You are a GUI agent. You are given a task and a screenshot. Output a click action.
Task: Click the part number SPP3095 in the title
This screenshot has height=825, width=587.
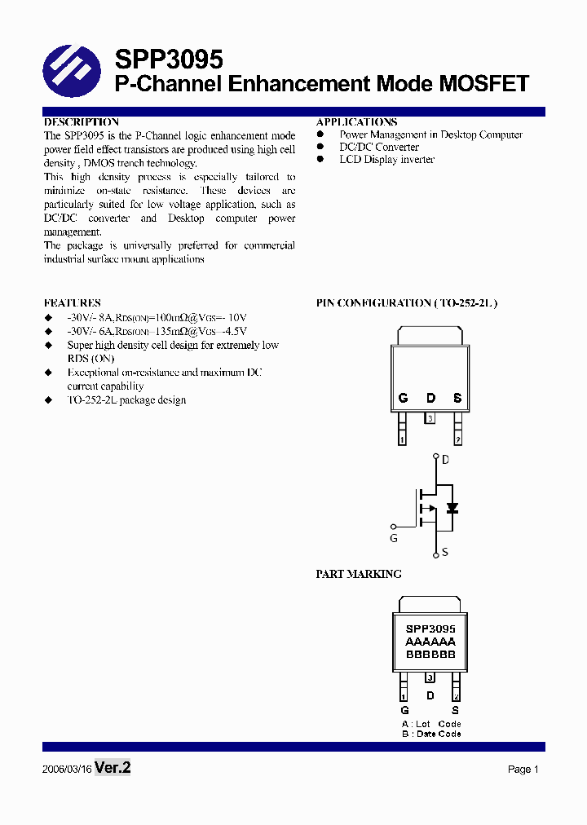(x=168, y=60)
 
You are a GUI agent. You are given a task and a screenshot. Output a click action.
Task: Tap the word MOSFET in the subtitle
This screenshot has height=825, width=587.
(x=484, y=84)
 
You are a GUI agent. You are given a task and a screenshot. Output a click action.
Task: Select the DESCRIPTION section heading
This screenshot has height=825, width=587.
(x=82, y=121)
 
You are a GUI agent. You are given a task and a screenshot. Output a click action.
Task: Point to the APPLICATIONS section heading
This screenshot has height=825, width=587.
(x=356, y=121)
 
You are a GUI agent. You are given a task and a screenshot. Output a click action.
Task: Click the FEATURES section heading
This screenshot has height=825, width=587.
(x=73, y=302)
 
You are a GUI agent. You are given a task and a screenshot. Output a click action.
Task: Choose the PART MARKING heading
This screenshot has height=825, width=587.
(x=359, y=574)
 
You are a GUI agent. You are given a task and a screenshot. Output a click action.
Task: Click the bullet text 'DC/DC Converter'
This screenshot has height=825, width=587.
(x=379, y=147)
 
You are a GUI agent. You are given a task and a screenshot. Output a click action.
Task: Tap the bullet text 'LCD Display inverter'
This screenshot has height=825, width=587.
(x=386, y=159)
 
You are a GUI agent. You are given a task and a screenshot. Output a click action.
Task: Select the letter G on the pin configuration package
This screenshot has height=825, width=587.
(x=403, y=398)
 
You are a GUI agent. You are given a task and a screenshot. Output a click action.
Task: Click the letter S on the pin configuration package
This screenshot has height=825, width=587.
(x=457, y=398)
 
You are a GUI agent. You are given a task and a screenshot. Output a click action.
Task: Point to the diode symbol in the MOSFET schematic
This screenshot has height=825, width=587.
(x=452, y=508)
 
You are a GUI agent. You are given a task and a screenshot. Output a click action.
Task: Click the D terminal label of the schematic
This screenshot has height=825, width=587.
(x=445, y=460)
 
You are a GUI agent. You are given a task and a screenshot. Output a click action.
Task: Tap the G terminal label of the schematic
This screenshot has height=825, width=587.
(x=393, y=538)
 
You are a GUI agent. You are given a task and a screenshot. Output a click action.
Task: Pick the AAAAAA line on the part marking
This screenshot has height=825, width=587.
(x=430, y=642)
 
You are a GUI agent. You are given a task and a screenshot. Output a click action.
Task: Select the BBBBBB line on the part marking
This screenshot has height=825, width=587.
(x=430, y=655)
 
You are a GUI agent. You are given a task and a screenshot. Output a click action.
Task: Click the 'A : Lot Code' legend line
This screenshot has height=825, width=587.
(x=431, y=724)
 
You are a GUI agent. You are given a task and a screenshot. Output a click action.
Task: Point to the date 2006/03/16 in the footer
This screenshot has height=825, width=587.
(x=67, y=769)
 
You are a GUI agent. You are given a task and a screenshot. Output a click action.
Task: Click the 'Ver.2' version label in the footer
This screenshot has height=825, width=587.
(x=113, y=767)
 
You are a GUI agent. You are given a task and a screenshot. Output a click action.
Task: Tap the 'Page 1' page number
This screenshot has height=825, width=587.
(x=523, y=770)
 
